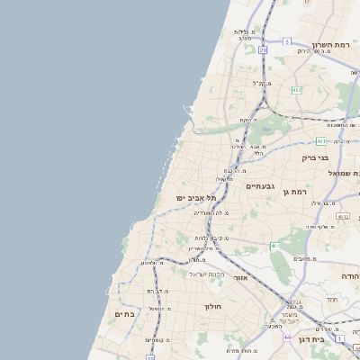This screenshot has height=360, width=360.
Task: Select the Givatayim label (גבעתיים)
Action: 259,185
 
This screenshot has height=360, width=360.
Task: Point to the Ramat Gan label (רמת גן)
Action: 294,192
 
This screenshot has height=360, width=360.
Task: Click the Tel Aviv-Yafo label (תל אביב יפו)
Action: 198,197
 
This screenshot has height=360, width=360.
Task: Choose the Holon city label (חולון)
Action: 212,306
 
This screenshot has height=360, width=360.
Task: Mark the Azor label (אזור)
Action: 240,278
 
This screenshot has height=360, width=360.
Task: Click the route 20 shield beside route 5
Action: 263,50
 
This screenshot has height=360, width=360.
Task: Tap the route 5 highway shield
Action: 286,41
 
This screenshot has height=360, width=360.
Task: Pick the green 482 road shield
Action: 296,89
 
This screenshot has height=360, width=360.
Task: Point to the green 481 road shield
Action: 322,140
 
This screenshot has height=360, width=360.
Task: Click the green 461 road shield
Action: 274,246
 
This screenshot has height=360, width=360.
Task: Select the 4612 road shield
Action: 343,217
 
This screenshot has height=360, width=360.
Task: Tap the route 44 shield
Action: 286,337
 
